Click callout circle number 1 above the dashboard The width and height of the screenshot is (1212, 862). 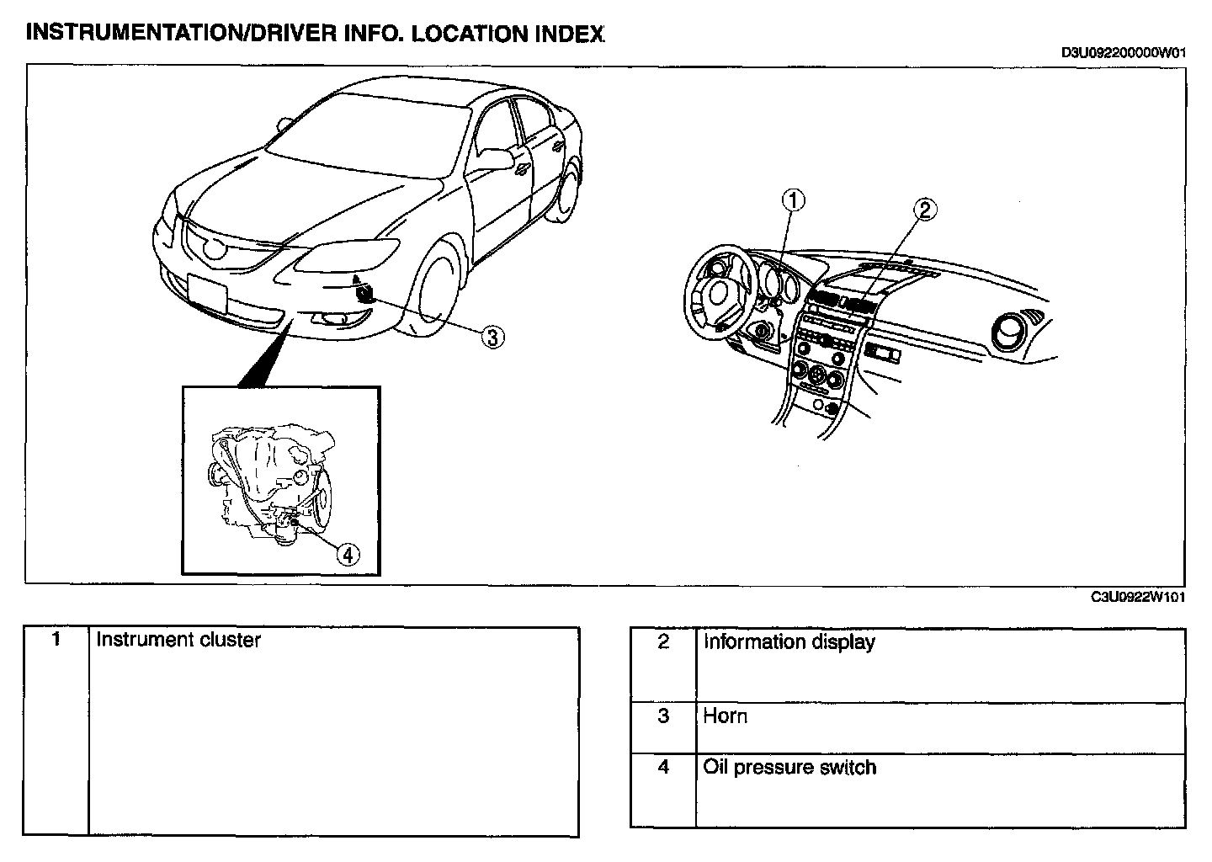(794, 200)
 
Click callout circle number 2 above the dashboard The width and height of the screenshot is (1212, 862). (924, 210)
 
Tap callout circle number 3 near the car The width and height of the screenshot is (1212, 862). (492, 337)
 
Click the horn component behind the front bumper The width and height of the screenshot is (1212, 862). (365, 292)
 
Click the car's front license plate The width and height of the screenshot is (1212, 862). (208, 295)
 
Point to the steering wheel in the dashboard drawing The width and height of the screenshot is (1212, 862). (717, 292)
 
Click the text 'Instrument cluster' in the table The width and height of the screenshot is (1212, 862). (178, 640)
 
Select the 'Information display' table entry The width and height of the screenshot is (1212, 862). (789, 642)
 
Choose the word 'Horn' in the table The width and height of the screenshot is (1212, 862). (725, 716)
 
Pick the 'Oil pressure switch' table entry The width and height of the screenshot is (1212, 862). (789, 768)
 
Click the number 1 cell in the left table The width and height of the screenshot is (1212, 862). (56, 640)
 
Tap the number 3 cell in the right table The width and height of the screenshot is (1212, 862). (663, 716)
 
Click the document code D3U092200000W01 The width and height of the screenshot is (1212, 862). (1124, 52)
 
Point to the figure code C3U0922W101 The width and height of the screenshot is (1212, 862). (1138, 597)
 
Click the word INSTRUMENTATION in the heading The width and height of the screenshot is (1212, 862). (125, 34)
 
